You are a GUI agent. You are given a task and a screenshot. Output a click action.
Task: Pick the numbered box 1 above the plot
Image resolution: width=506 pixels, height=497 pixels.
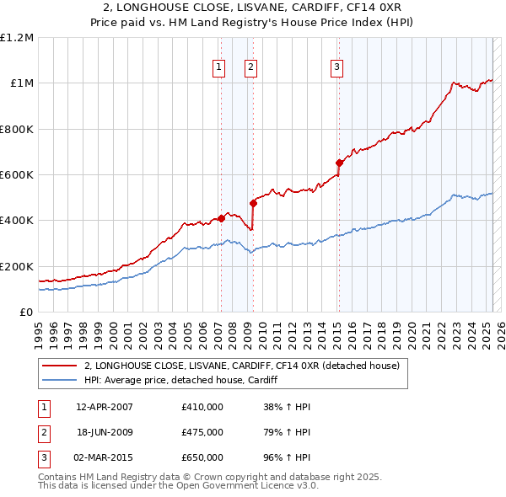pyautogui.click(x=219, y=68)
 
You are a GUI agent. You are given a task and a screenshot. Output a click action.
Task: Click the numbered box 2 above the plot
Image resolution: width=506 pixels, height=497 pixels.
pyautogui.click(x=251, y=68)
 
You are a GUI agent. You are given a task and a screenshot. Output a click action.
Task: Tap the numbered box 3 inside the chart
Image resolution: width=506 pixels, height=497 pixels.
pyautogui.click(x=336, y=68)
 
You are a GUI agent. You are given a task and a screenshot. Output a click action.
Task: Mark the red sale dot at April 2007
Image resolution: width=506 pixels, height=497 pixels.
pyautogui.click(x=221, y=218)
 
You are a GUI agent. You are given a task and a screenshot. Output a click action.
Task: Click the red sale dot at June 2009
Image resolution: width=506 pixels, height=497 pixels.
pyautogui.click(x=253, y=203)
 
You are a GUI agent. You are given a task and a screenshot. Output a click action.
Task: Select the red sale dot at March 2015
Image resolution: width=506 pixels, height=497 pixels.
pyautogui.click(x=338, y=163)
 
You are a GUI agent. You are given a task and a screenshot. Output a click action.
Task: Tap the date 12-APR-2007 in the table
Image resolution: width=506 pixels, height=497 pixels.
pyautogui.click(x=105, y=407)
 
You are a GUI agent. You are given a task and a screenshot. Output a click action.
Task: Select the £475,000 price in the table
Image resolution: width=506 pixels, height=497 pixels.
pyautogui.click(x=202, y=432)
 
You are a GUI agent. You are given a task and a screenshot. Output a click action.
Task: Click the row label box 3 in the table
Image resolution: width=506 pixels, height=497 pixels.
pyautogui.click(x=44, y=457)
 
